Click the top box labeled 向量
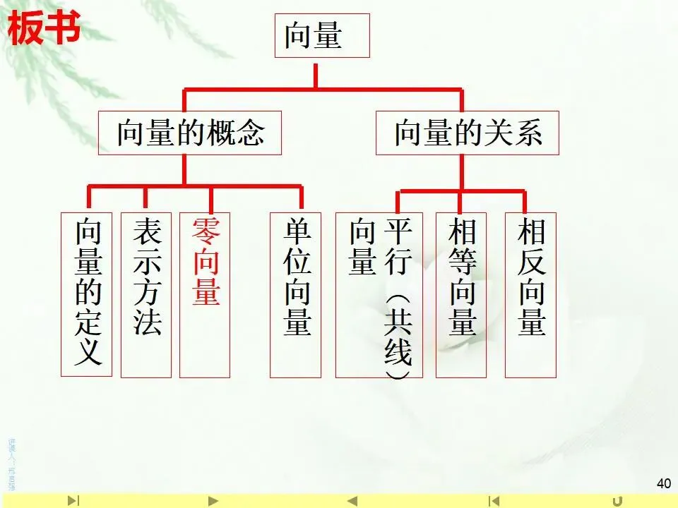(x=321, y=36)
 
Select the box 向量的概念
(x=189, y=132)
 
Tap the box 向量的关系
(x=467, y=132)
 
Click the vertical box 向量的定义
(x=86, y=294)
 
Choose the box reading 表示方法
(x=145, y=294)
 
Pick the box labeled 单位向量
(x=295, y=294)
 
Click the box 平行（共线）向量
(x=379, y=294)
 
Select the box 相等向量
(x=460, y=294)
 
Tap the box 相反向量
(x=530, y=294)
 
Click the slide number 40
(x=663, y=483)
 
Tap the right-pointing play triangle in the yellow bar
(x=213, y=501)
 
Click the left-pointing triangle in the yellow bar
(x=352, y=501)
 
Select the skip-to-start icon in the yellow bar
(x=495, y=501)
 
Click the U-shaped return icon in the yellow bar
(x=637, y=500)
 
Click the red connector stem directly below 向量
(x=315, y=73)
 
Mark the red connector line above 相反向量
(x=525, y=201)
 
